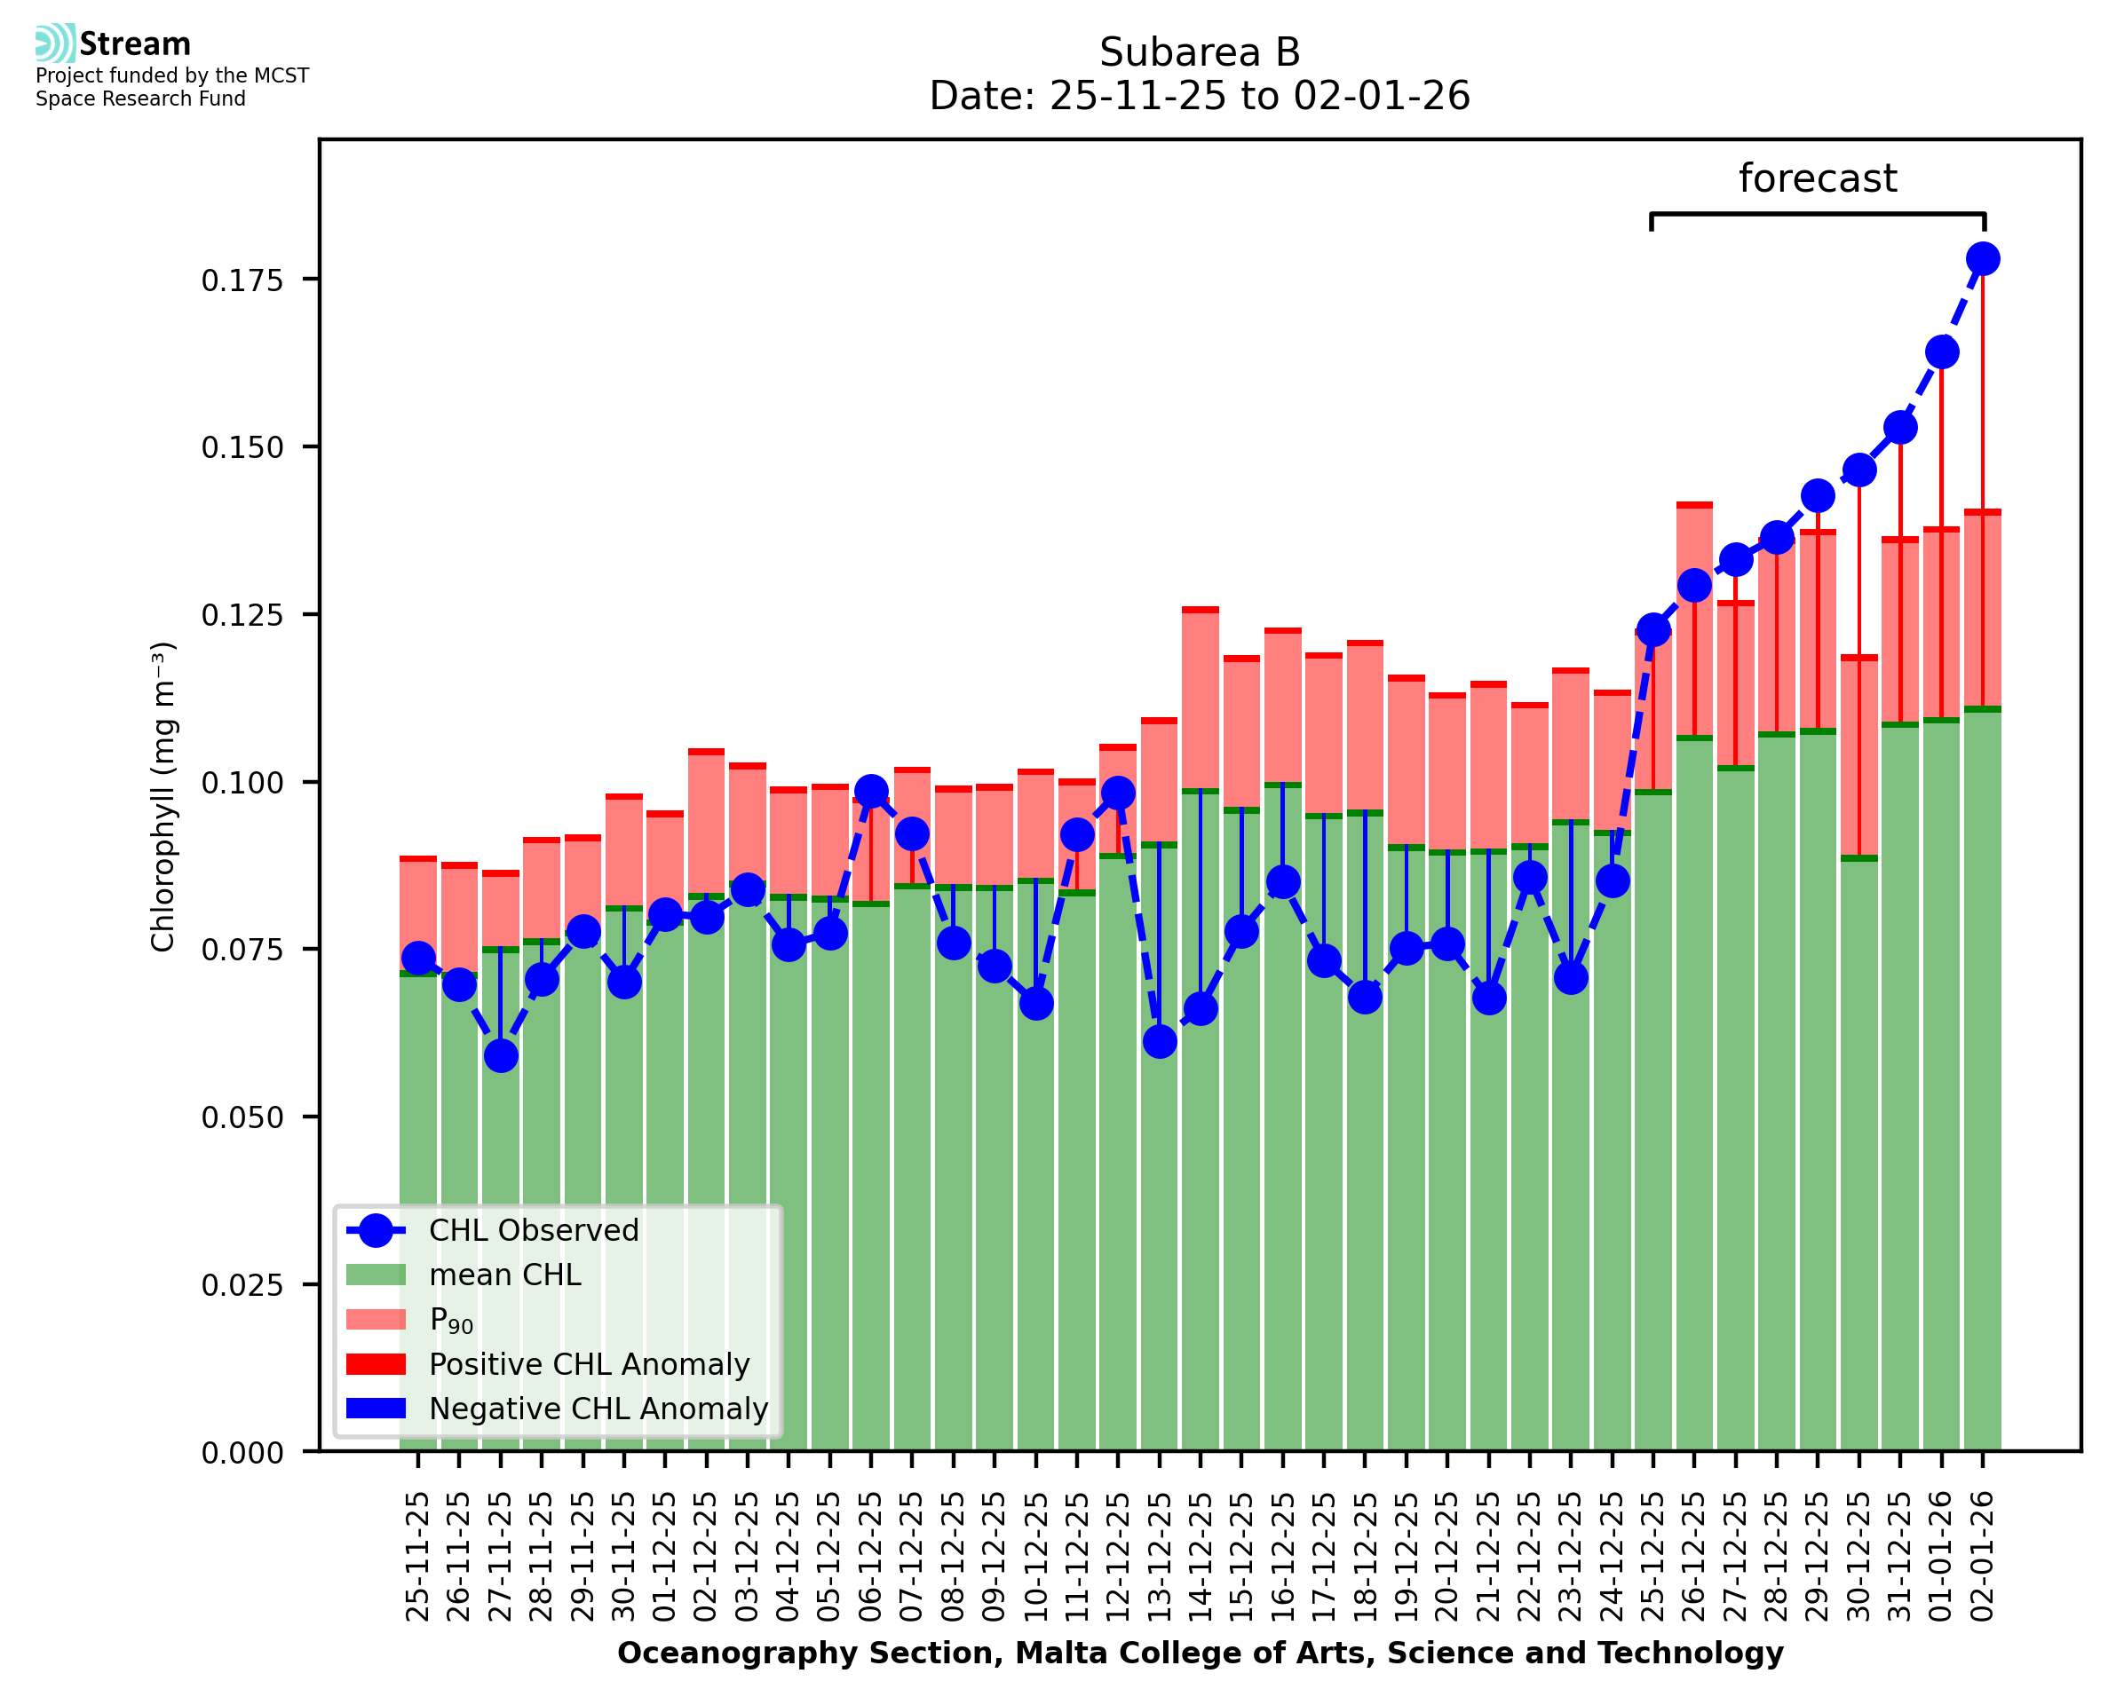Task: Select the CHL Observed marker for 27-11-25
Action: click(x=500, y=1056)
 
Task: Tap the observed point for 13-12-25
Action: click(x=1159, y=1041)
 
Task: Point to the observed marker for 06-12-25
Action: click(x=870, y=791)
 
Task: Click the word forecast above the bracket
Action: click(x=1818, y=178)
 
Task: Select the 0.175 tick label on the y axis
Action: click(x=242, y=280)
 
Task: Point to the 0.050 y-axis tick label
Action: click(x=242, y=1117)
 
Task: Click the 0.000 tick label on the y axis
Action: click(x=242, y=1453)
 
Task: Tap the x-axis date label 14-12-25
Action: click(x=1201, y=1556)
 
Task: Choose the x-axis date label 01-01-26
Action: click(x=1941, y=1556)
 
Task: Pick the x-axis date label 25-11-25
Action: click(x=417, y=1556)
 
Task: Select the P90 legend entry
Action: click(x=451, y=1320)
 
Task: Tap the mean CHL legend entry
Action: click(x=505, y=1275)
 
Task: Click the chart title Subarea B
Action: click(x=1200, y=52)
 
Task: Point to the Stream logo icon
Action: click(x=55, y=43)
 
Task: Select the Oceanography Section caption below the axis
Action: click(x=1200, y=1653)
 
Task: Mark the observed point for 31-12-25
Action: click(x=1900, y=428)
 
